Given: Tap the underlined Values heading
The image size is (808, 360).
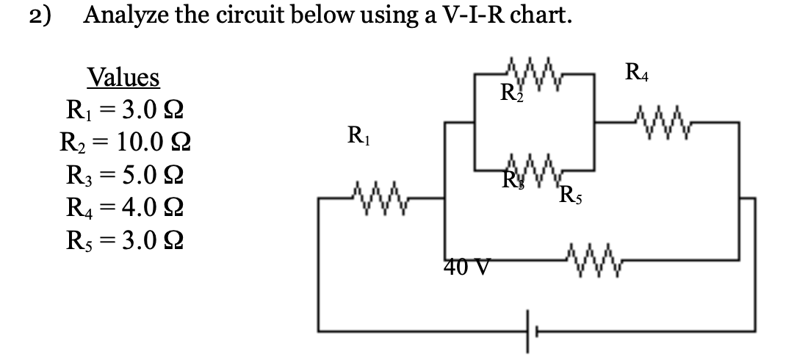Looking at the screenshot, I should tap(123, 77).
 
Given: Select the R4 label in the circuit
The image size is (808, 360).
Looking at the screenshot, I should tap(638, 73).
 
